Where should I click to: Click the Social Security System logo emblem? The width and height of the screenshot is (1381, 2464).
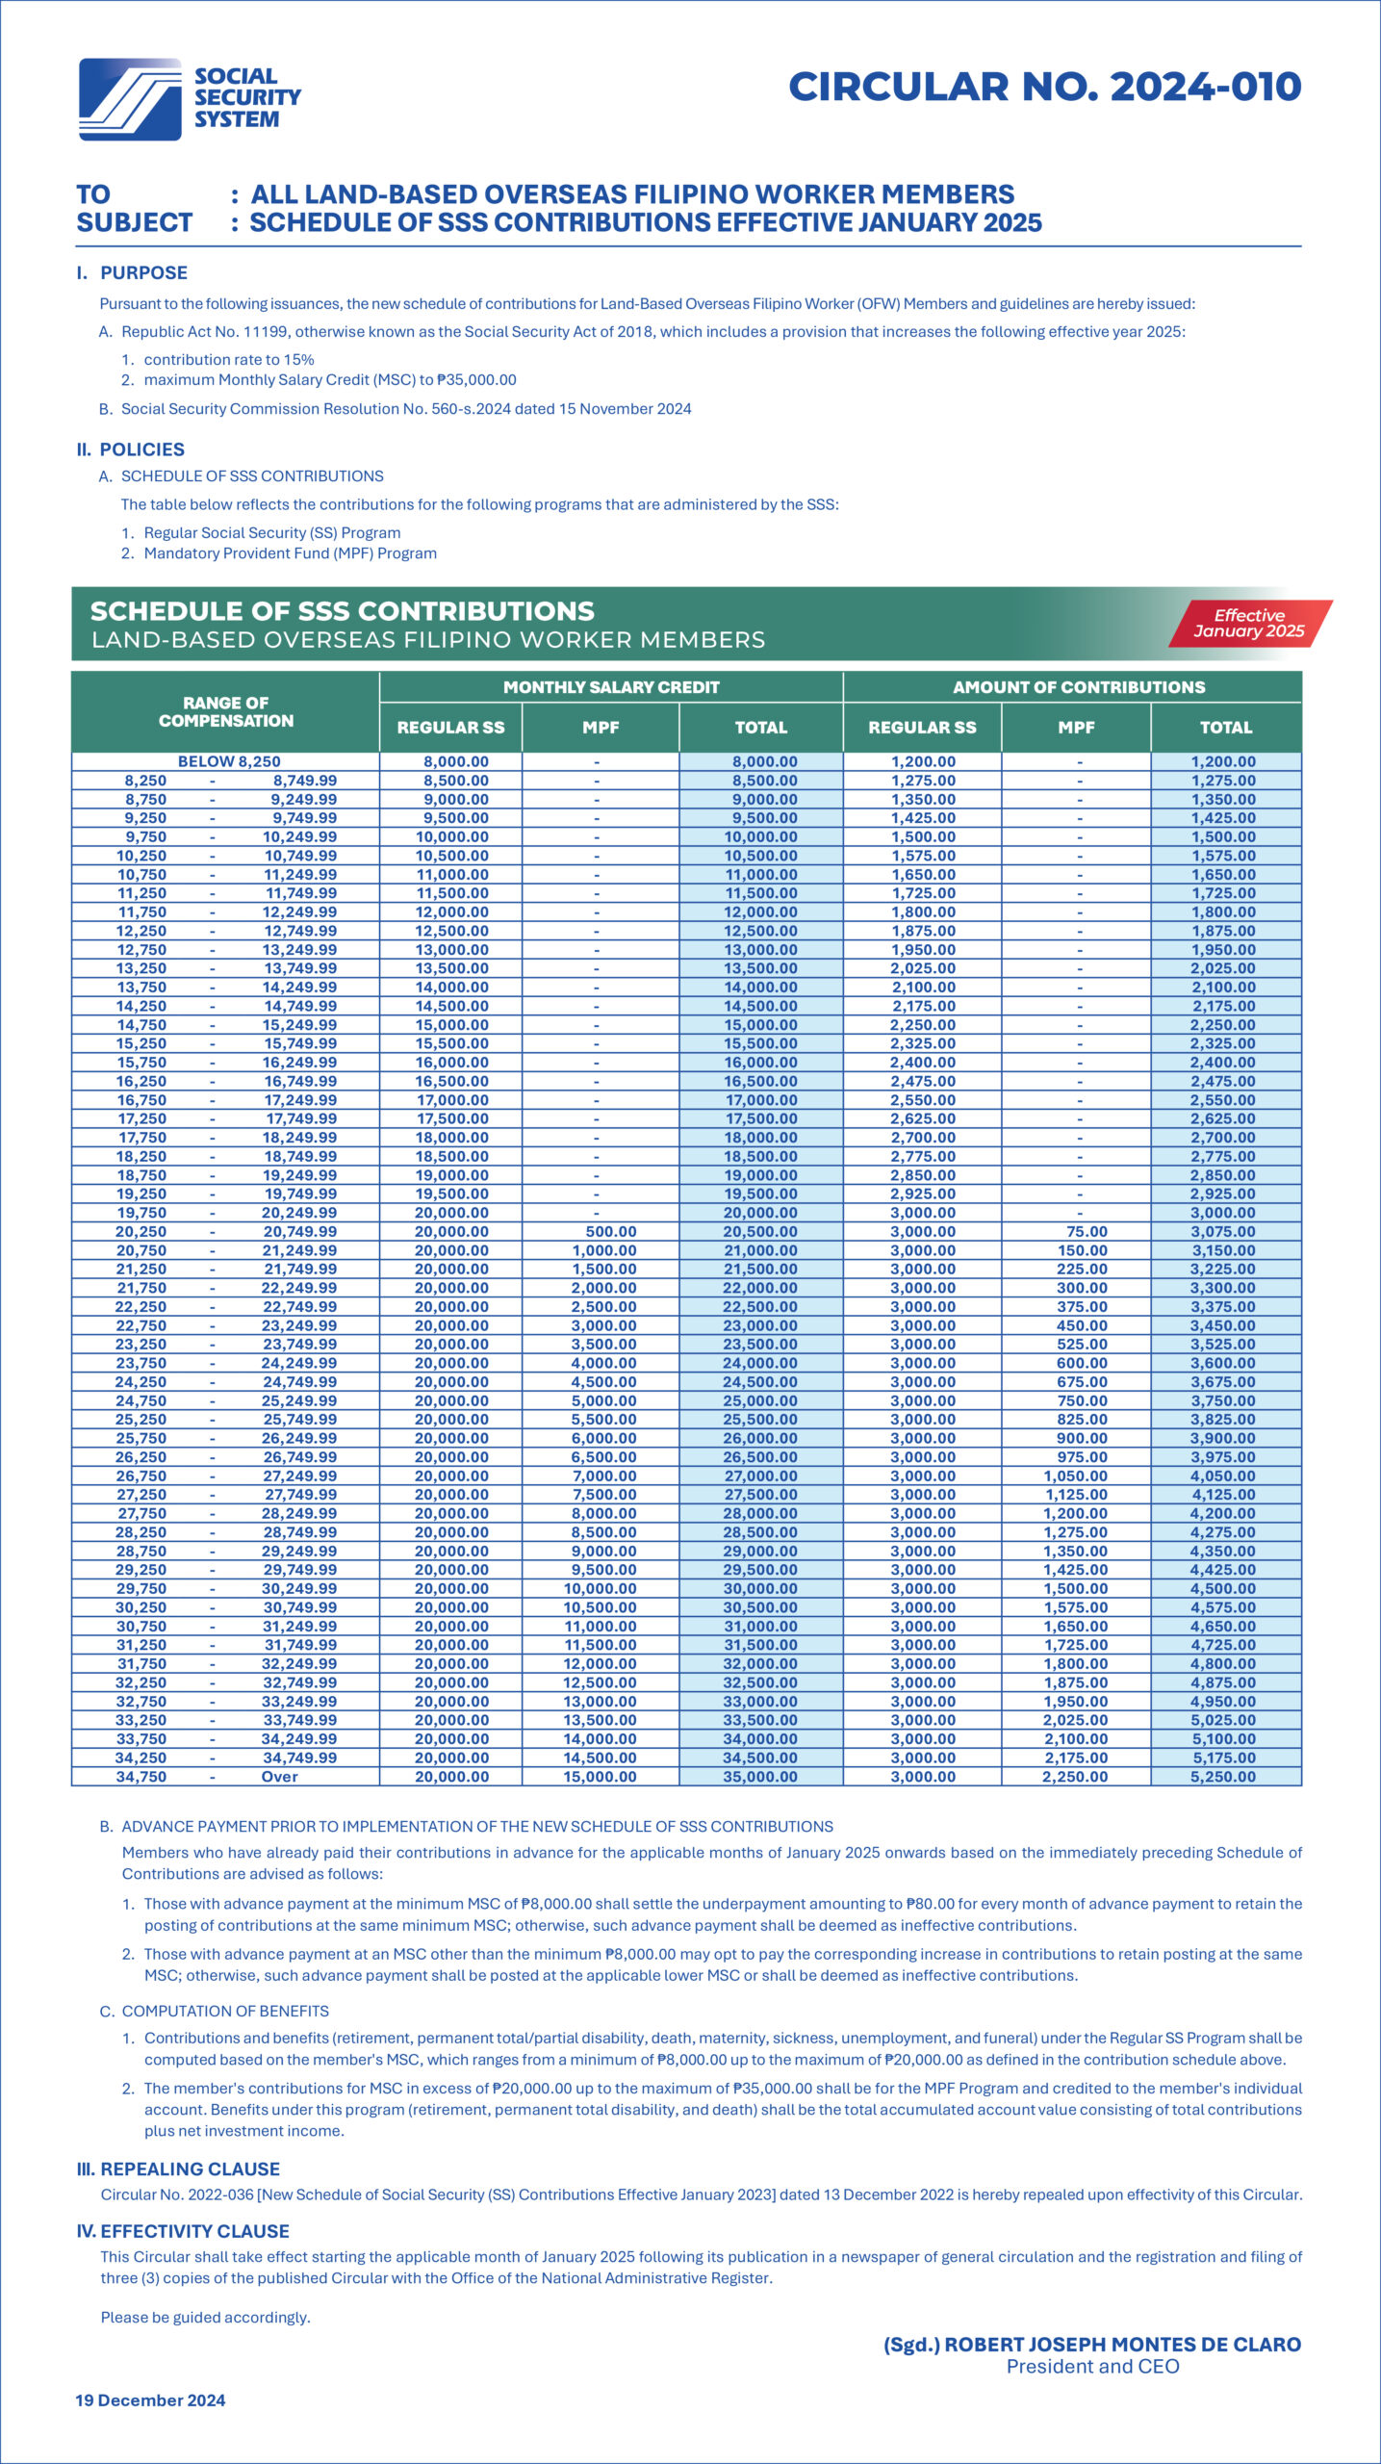(x=130, y=99)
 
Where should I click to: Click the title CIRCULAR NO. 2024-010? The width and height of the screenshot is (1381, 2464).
(x=1045, y=87)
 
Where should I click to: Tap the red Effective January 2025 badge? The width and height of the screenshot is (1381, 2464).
(x=1250, y=623)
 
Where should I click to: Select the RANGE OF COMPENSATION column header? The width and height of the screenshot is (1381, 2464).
(x=226, y=711)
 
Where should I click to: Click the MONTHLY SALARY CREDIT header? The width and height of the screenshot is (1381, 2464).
(x=611, y=687)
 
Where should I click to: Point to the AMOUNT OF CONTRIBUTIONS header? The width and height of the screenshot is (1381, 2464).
(x=1079, y=687)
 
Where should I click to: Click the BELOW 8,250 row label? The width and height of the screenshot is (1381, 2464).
(x=229, y=761)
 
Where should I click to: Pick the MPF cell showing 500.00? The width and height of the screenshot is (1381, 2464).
(x=611, y=1232)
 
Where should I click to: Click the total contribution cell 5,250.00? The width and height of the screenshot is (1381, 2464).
(x=1223, y=1777)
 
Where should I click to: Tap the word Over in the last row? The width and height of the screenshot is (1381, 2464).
(x=279, y=1777)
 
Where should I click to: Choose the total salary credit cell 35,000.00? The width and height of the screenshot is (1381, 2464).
(x=760, y=1777)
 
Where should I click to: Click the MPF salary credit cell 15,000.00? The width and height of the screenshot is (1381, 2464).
(x=600, y=1777)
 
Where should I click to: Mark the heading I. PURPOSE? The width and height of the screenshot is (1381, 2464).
(x=132, y=273)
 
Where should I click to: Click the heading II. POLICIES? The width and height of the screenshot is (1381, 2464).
(x=130, y=449)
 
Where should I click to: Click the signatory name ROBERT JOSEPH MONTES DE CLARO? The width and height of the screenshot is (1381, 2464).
(x=1123, y=2345)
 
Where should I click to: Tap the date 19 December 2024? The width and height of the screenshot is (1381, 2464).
(x=150, y=2400)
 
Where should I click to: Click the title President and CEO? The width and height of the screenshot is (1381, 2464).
(x=1093, y=2367)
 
